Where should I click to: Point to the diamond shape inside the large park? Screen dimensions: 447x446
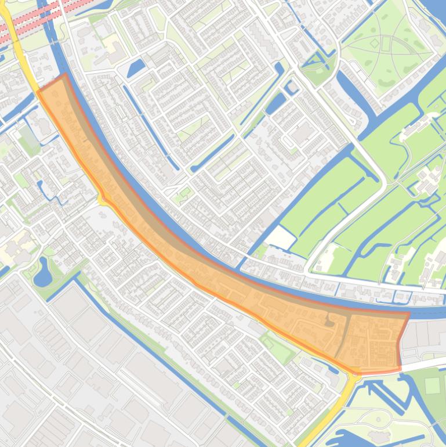tap(375, 44)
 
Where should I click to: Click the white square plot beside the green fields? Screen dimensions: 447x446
tap(282, 236)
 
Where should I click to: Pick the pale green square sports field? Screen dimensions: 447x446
tap(432, 385)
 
